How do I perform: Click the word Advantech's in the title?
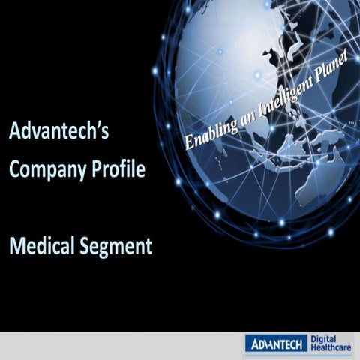[x=59, y=133]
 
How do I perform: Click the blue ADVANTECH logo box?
[x=275, y=344]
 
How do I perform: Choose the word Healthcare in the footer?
[x=332, y=349]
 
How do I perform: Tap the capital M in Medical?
[x=16, y=244]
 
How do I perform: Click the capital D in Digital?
[x=313, y=339]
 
